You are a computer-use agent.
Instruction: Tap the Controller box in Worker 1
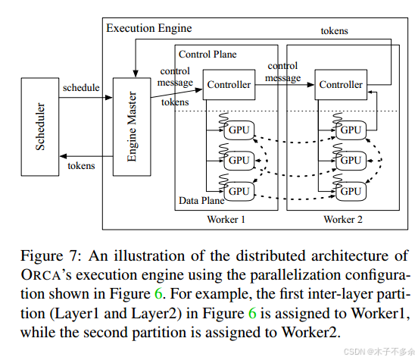(228, 84)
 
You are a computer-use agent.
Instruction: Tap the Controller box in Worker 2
(341, 84)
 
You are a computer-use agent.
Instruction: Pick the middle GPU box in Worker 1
(239, 160)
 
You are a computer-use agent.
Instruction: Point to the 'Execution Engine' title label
(148, 28)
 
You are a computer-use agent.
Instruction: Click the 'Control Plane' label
(207, 55)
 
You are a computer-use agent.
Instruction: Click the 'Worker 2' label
(343, 219)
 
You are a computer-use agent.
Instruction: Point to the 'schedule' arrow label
(81, 87)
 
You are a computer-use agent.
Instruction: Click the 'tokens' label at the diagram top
(335, 30)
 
